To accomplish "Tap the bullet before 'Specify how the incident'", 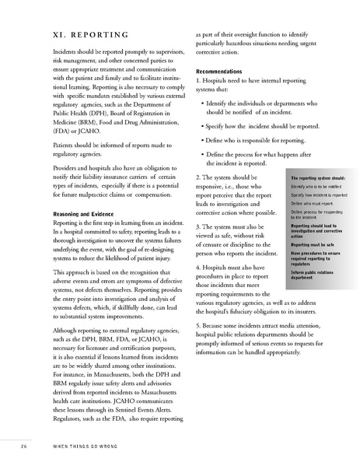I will [202, 124].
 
